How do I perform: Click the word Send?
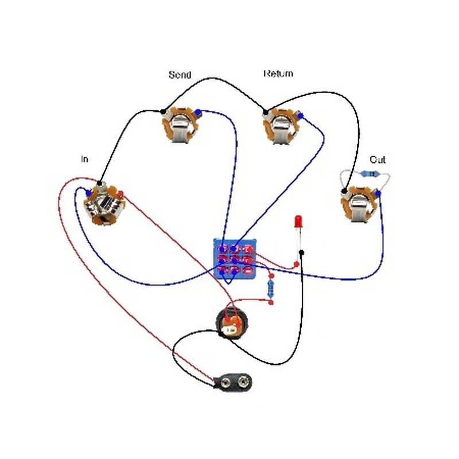pos(180,75)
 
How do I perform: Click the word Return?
pos(278,73)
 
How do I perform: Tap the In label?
pos(84,159)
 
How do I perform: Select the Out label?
pos(378,159)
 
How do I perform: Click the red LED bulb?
pos(298,221)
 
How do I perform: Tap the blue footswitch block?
pos(235,258)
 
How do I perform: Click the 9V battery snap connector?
pos(234,381)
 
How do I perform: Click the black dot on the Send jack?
pos(163,111)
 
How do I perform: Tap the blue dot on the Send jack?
pos(197,112)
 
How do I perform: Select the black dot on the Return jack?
pos(265,112)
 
